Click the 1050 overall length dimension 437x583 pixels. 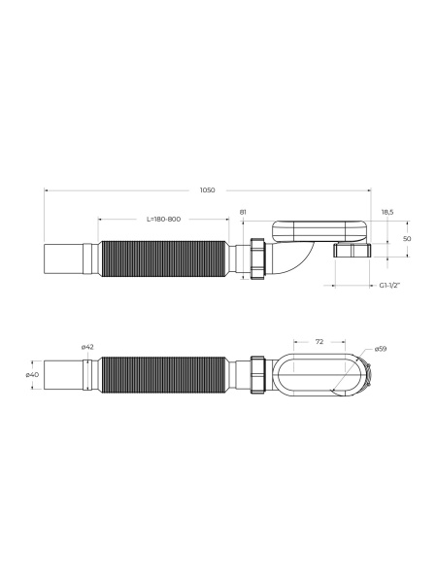(208, 190)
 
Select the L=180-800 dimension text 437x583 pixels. (163, 219)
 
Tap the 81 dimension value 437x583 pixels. (243, 212)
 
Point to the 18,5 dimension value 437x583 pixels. (387, 212)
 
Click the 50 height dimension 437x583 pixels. (407, 239)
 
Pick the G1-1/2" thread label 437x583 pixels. (389, 285)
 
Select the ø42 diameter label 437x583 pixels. (87, 347)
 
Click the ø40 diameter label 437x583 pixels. (32, 375)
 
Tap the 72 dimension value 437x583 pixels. (319, 341)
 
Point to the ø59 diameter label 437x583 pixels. (381, 349)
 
